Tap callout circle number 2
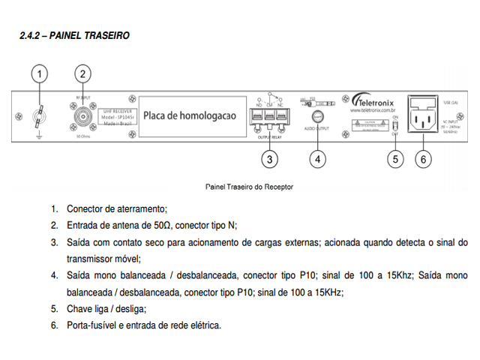84,73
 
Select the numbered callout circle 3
270,158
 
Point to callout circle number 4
318,158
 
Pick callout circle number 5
396,158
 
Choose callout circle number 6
423,158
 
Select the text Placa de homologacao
190,116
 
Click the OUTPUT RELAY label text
271,137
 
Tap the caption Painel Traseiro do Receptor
248,186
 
